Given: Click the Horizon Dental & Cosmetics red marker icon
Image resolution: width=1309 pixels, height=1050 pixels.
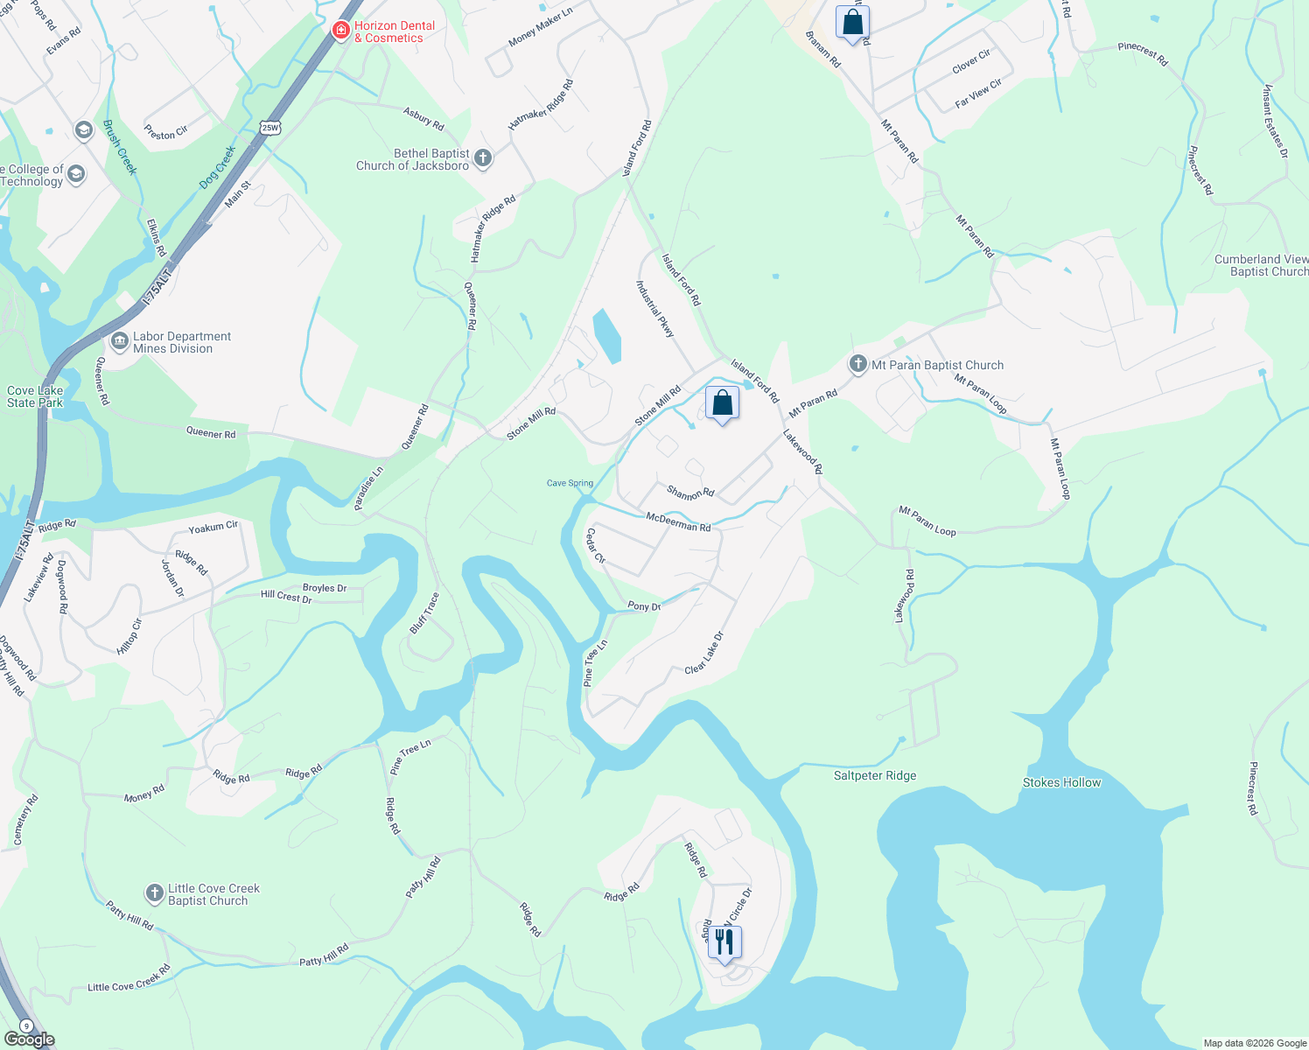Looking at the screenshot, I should pos(341,31).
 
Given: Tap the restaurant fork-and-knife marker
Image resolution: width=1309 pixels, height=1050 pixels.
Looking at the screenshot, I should pos(724,942).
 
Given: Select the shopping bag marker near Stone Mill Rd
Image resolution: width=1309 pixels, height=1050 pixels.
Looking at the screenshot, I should pos(722,403).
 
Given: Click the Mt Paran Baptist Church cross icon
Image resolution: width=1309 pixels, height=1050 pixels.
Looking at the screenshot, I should pos(858,364).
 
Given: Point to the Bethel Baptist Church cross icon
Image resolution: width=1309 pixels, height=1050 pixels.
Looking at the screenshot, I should pos(482,158).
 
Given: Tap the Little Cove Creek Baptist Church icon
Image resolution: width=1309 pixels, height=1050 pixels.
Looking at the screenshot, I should pos(154,893).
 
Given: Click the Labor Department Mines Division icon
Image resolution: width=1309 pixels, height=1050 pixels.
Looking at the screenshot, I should pos(120,340).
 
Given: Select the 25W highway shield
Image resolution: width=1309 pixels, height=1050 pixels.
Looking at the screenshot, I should pos(269,128).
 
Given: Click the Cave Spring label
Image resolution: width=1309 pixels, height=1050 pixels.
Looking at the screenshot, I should pos(570,483).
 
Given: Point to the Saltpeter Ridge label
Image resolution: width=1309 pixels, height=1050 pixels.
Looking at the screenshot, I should pos(875,775).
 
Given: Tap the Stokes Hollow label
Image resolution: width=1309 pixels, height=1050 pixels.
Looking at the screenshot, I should pos(1061,782).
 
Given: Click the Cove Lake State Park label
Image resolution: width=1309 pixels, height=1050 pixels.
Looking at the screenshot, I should pos(35,396).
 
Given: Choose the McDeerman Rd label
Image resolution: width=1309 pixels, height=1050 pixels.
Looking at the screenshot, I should pos(678,522).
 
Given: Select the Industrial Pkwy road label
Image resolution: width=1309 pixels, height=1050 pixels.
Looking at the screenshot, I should pos(654,309).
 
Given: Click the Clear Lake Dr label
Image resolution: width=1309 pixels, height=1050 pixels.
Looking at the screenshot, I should pos(704,653).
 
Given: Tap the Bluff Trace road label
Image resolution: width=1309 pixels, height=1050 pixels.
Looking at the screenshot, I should pos(424,612).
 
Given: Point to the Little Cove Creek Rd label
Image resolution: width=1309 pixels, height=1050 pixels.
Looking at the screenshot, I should pos(129,979).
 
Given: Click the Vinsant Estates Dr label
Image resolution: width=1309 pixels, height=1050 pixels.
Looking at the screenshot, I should pos(1276,121).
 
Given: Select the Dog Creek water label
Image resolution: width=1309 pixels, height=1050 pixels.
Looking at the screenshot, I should pos(218,166).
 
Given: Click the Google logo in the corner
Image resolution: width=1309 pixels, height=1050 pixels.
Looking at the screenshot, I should pos(29,1039).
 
